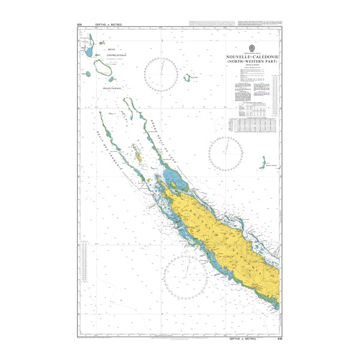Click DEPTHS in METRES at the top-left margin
[108, 25]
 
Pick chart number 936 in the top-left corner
[79, 25]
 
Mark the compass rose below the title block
[226, 154]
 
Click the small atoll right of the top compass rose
[187, 77]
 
